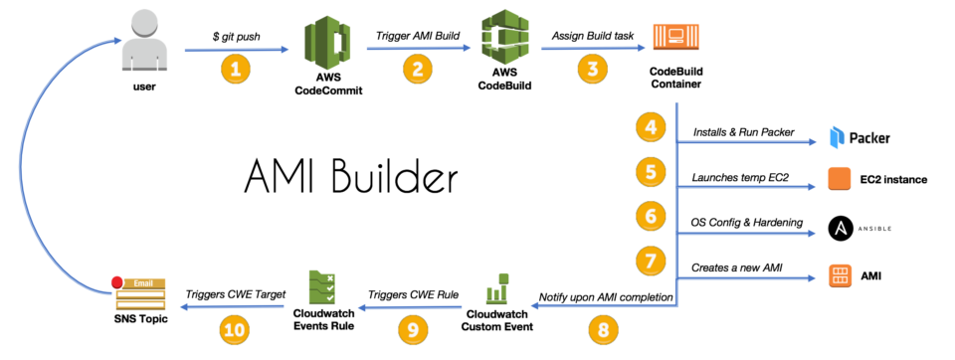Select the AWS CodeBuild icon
(504, 40)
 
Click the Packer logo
(859, 137)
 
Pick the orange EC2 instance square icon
(840, 180)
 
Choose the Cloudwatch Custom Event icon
(495, 288)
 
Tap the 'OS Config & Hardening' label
(746, 222)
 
